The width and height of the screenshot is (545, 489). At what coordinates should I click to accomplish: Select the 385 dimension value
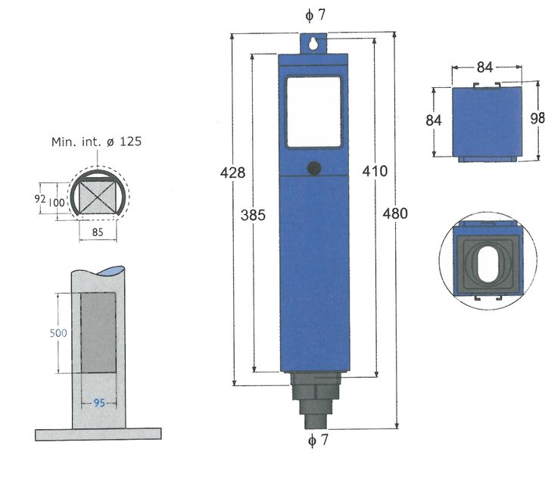click(254, 215)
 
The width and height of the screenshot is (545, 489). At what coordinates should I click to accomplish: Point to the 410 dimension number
click(375, 171)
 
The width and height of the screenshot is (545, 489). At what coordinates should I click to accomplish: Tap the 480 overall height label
click(395, 213)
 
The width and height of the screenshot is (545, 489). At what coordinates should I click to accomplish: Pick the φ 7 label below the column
click(318, 441)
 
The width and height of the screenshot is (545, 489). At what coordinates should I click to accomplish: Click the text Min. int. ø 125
click(96, 142)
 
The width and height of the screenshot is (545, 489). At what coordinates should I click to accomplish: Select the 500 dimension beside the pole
click(58, 333)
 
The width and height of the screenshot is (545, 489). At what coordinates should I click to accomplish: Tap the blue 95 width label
click(98, 403)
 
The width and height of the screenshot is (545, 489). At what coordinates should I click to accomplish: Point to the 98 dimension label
click(537, 118)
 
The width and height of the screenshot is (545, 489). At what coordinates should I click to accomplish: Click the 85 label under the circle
click(98, 233)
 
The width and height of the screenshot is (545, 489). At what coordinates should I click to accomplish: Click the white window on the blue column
click(313, 111)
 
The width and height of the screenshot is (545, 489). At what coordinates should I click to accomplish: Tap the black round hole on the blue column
click(314, 168)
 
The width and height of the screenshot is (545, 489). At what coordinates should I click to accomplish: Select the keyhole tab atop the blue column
click(314, 44)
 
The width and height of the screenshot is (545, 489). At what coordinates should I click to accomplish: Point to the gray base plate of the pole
click(98, 434)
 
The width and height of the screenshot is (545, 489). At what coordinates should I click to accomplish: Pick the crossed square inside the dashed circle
click(98, 197)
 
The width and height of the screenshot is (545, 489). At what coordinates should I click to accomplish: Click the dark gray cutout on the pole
click(98, 332)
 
